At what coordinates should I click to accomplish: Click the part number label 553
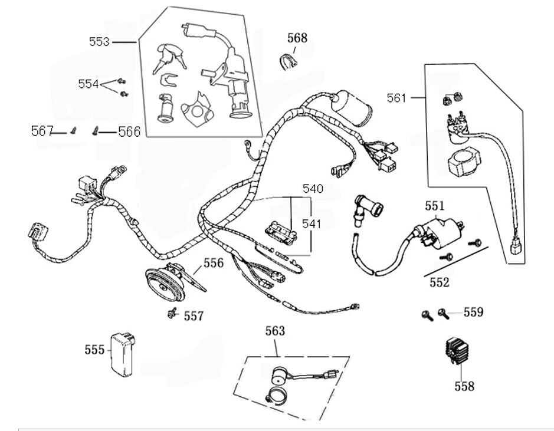point(99,42)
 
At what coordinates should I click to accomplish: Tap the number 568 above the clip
point(297,38)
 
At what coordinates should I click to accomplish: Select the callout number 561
point(396,98)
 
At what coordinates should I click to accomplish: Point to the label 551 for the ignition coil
point(434,206)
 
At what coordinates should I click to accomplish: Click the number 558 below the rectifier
point(464,386)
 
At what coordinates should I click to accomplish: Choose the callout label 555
point(94,350)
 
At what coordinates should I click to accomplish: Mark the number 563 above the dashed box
point(275,331)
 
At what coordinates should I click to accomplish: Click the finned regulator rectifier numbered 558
point(461,353)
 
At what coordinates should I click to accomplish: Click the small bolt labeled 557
point(173,313)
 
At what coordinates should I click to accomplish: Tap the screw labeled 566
point(94,131)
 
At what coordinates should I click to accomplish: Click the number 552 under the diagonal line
point(440,282)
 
